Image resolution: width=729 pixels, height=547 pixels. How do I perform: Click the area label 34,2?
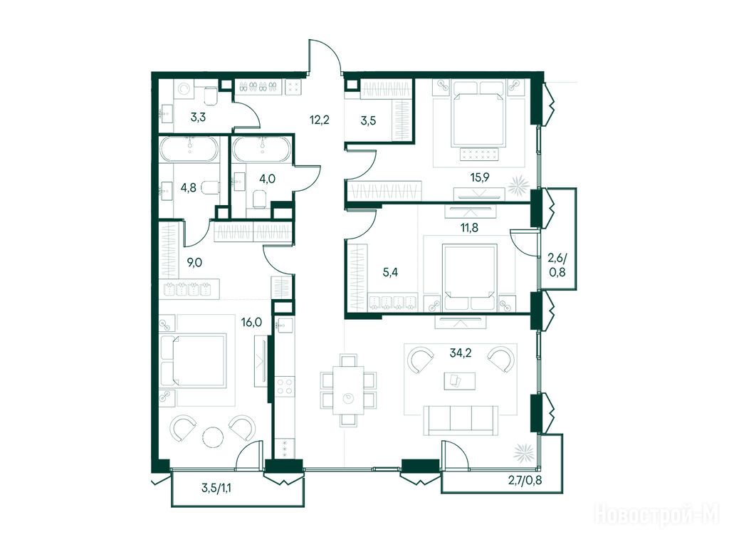point(461,353)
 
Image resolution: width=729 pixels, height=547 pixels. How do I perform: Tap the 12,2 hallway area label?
point(320,120)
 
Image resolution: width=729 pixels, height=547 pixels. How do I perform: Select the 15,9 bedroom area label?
point(479,177)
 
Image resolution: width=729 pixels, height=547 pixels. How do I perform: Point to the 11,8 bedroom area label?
point(468,227)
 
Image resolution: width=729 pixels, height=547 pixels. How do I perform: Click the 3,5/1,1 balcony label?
point(216,488)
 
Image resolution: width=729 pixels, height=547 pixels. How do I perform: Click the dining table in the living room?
point(348,390)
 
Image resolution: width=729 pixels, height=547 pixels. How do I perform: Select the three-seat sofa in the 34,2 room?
point(461,420)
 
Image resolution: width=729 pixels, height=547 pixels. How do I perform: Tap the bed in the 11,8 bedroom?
point(470,277)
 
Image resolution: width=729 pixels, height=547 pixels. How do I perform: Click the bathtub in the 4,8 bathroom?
point(189,150)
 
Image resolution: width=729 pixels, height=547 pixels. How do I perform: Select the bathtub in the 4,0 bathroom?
point(262,150)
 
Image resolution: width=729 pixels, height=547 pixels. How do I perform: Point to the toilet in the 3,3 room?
point(211,96)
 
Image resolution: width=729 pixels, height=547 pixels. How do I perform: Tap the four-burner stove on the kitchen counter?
point(284,387)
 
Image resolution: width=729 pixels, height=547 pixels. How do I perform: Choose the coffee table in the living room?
point(459,381)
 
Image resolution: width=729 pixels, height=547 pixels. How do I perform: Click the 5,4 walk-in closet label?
point(390,273)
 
